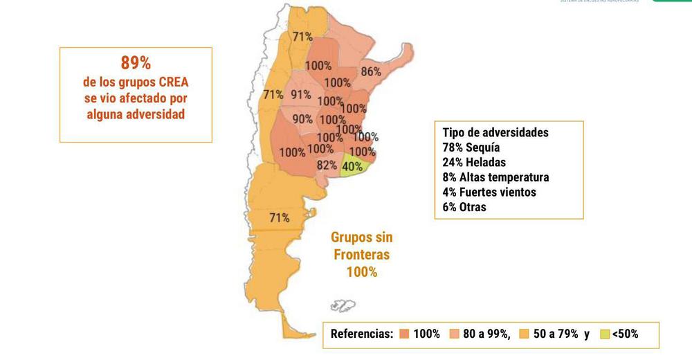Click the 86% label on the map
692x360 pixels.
371,71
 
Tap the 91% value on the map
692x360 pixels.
301,95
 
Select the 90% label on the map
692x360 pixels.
302,119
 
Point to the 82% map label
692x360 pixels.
327,165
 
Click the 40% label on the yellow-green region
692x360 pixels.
352,166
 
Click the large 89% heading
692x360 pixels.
136,63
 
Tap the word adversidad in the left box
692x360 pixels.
155,114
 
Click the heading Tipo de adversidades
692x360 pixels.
495,132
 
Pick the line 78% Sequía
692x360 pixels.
471,147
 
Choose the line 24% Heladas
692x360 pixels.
474,162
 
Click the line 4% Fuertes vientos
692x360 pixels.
489,192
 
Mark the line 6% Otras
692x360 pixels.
464,207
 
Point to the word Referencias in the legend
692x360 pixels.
362,334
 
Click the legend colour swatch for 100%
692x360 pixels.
404,334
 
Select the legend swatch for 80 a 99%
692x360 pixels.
454,334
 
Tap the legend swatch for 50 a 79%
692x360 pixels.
524,334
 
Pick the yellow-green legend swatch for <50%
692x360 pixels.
604,334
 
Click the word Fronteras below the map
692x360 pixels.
361,255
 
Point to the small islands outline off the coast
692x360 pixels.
343,305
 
